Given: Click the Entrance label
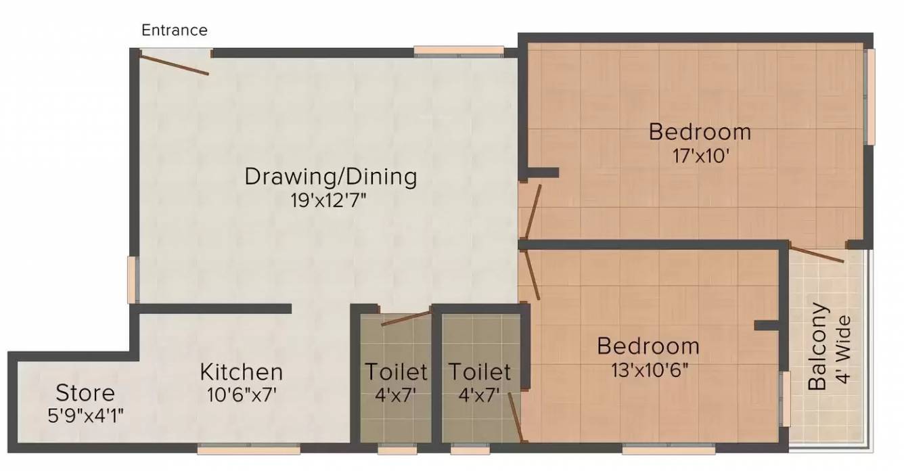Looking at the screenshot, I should pos(174,30).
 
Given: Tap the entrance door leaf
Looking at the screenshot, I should pos(174,64).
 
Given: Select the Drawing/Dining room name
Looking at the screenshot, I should pos(330,177).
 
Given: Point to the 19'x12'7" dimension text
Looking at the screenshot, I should pos(330,201).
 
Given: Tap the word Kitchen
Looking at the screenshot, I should pos(241,372).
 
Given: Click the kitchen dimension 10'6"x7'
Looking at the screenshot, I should pos(241,395).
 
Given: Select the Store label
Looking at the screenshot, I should pos(85,392).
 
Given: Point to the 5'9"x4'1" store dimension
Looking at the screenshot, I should pos(85,414).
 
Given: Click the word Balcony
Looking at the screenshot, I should pos(818,346).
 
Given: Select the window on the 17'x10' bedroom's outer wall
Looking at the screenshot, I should pos(870,96).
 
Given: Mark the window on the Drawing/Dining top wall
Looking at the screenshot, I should pos(459,50).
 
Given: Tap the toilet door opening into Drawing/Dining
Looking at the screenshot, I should pos(406,317).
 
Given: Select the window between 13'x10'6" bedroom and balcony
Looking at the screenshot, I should pos(785,399).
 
